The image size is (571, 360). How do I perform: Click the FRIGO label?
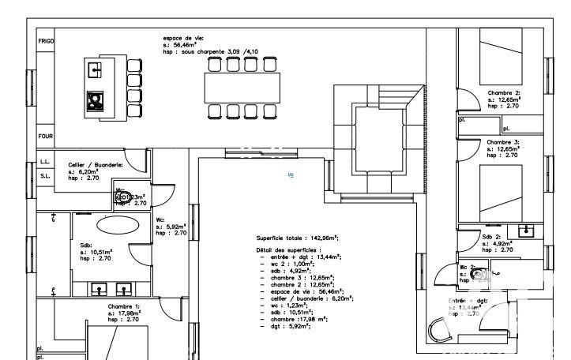[x=46, y=40]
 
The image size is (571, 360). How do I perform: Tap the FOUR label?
[x=45, y=136]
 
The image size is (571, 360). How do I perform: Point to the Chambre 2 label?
[x=504, y=93]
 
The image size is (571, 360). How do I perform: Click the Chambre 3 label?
[x=504, y=142]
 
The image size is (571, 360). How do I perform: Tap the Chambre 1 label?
[x=124, y=306]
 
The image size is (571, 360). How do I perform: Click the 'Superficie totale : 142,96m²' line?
[x=297, y=237]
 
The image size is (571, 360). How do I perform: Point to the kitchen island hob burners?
[x=96, y=101]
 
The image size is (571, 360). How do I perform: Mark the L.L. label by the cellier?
[x=44, y=162]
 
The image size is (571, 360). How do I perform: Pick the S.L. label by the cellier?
[x=44, y=176]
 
